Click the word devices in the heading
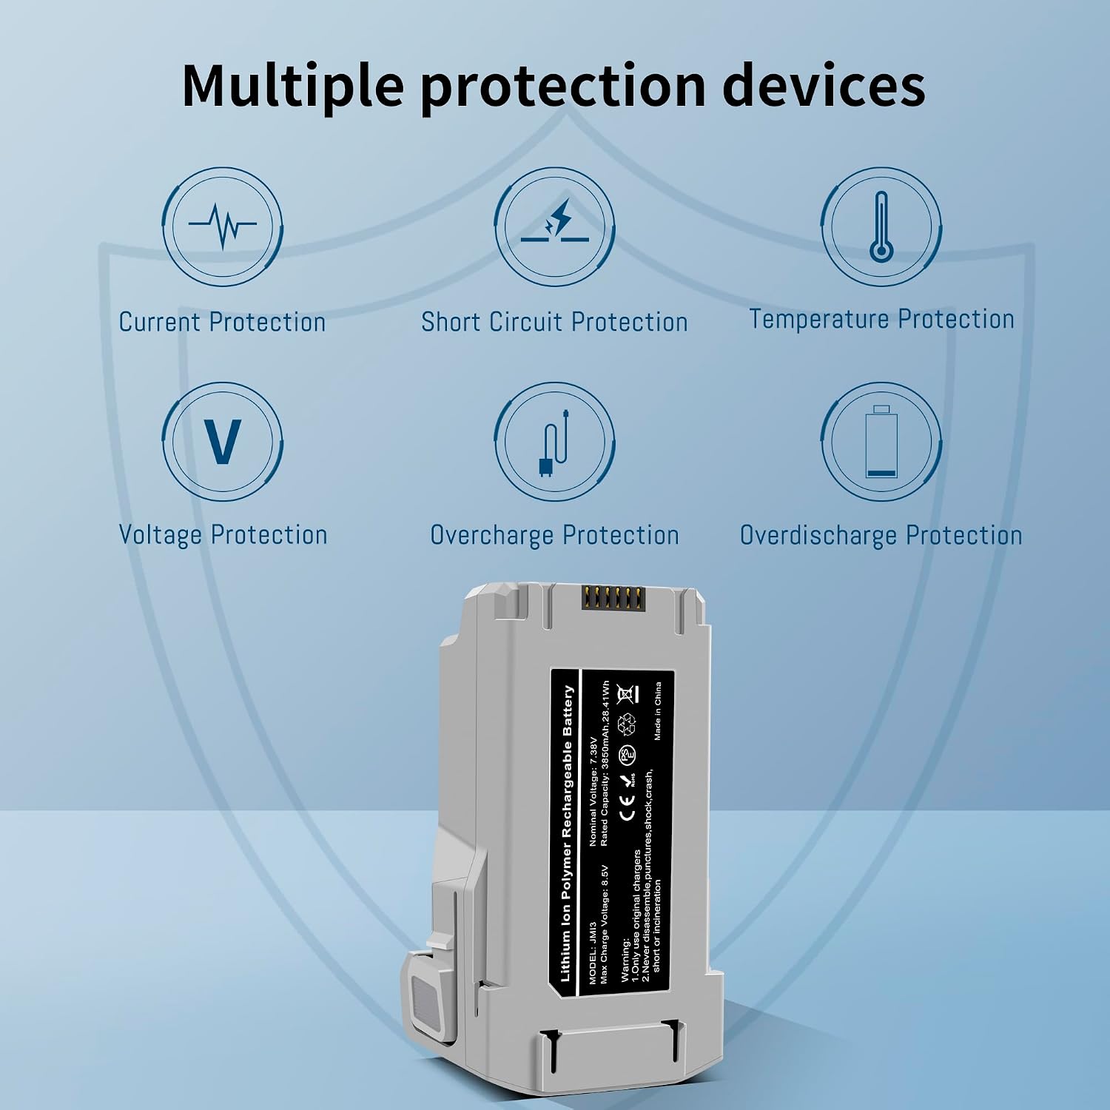[x=823, y=85]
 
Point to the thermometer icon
[x=881, y=226]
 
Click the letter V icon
[x=222, y=441]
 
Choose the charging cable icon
[x=554, y=443]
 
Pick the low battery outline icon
[x=881, y=442]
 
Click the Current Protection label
[x=222, y=322]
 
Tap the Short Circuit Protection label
[x=554, y=322]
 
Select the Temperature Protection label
[x=881, y=319]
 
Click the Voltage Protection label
[x=223, y=535]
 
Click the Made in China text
[x=658, y=710]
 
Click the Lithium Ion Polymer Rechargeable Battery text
[x=567, y=833]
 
